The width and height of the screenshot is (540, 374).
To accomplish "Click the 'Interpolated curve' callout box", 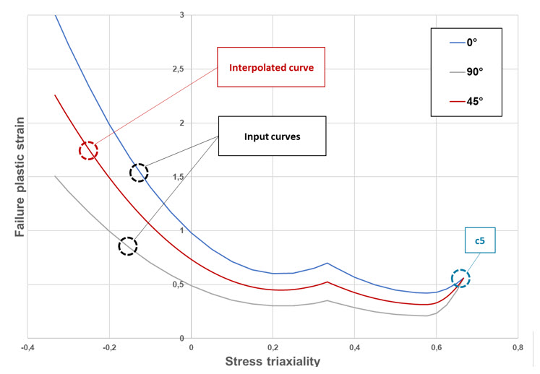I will pos(271,69).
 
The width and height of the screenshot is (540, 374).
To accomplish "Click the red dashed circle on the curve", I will pos(88,150).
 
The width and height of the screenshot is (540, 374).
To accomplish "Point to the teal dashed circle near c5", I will pos(460,277).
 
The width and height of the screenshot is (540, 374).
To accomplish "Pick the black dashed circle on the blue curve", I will pos(139,172).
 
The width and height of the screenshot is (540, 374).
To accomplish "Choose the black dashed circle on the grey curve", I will pos(127,245).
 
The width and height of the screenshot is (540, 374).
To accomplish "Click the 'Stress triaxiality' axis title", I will pos(273,361).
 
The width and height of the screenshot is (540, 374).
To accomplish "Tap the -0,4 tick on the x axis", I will pos(27,347).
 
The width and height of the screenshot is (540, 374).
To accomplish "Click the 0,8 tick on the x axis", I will pos(518,347).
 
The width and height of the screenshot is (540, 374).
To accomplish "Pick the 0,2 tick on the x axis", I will pos(273,347).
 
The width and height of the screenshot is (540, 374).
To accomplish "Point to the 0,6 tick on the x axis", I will pos(436,347).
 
